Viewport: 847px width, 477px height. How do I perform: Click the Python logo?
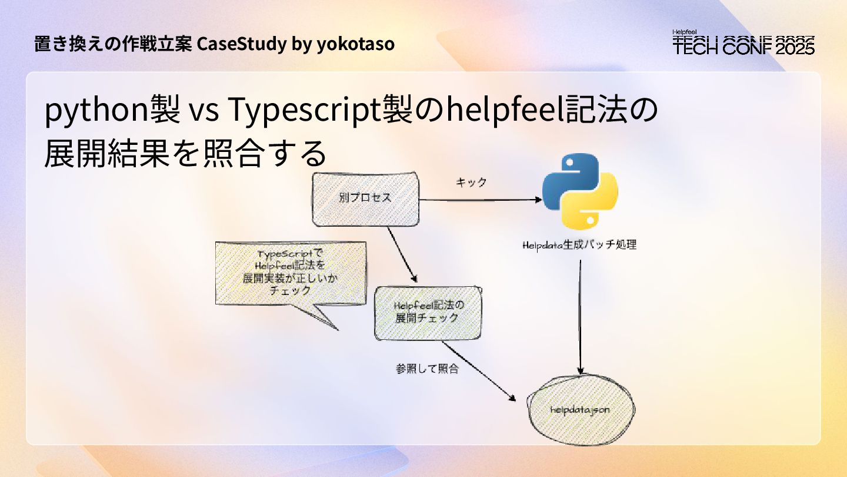point(580,193)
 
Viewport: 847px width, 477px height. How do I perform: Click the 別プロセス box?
point(366,199)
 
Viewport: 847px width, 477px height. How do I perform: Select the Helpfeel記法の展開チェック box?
point(428,312)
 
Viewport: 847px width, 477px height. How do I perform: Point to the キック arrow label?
point(471,183)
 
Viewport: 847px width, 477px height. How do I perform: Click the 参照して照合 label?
point(428,369)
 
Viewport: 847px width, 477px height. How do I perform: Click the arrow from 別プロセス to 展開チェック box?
point(402,253)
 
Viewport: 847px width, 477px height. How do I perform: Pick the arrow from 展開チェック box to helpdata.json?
point(485,372)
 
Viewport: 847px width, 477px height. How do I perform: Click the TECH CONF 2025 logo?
point(743,43)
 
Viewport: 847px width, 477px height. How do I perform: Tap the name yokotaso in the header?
point(355,44)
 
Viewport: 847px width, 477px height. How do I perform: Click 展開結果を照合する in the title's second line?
point(185,153)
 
